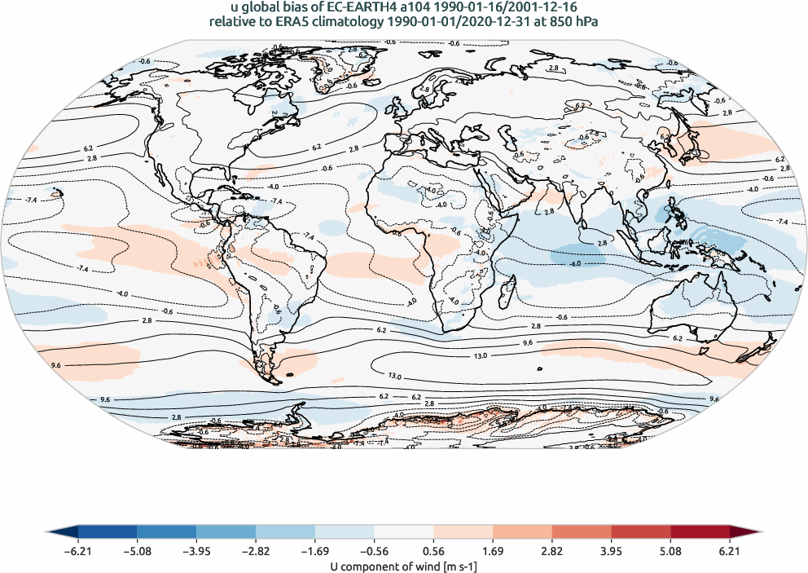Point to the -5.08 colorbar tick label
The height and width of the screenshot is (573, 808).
(137, 550)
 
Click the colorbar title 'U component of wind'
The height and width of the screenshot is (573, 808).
(403, 565)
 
